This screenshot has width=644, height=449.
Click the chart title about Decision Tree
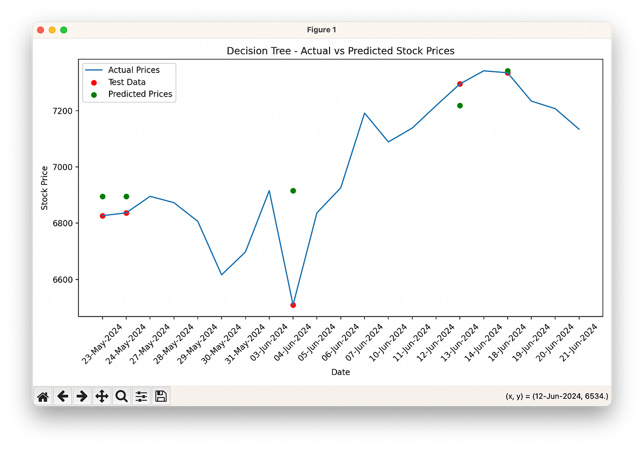340,51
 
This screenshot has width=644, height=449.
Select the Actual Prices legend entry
134,70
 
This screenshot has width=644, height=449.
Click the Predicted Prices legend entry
140,94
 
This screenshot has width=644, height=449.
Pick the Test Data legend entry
127,82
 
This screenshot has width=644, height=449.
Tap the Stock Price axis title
45,188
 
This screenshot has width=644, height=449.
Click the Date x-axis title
340,372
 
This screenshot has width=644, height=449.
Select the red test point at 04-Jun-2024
293,305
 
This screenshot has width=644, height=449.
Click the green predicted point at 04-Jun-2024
293,191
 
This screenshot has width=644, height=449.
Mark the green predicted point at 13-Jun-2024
460,106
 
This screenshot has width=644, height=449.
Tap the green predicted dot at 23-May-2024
103,196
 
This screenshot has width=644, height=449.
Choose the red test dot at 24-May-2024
126,213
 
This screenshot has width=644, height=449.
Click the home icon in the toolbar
43,396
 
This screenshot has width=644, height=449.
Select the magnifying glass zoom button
122,396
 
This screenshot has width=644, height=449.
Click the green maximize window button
64,30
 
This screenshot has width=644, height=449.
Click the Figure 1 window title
322,30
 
